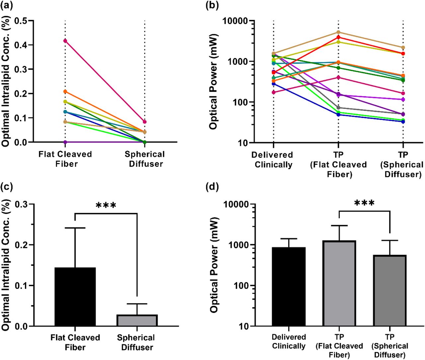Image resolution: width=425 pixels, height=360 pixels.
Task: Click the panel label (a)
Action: click(7, 6)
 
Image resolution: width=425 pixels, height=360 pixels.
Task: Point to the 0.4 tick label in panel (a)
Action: click(21, 45)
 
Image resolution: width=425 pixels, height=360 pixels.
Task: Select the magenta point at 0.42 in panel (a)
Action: click(65, 41)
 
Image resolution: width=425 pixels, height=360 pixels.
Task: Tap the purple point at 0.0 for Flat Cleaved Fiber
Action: click(65, 142)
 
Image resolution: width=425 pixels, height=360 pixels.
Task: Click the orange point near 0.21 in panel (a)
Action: click(65, 91)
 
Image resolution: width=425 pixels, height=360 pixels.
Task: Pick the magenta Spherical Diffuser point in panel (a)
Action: click(145, 122)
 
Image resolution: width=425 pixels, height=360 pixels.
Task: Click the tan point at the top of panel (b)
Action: click(338, 32)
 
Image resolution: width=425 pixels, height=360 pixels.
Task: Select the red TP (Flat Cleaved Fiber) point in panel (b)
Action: click(338, 37)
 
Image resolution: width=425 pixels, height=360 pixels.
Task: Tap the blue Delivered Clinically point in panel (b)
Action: click(274, 84)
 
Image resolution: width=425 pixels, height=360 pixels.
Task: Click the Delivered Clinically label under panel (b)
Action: click(273, 160)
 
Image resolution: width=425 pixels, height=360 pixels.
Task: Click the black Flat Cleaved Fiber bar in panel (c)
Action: click(75, 297)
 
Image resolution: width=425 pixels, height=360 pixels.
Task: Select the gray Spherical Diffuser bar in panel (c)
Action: click(137, 320)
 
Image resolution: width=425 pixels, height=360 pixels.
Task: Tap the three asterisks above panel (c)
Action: click(106, 205)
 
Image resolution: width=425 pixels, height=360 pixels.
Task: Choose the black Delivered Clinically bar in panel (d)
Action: click(289, 287)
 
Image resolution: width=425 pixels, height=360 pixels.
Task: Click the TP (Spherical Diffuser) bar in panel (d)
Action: click(390, 291)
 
